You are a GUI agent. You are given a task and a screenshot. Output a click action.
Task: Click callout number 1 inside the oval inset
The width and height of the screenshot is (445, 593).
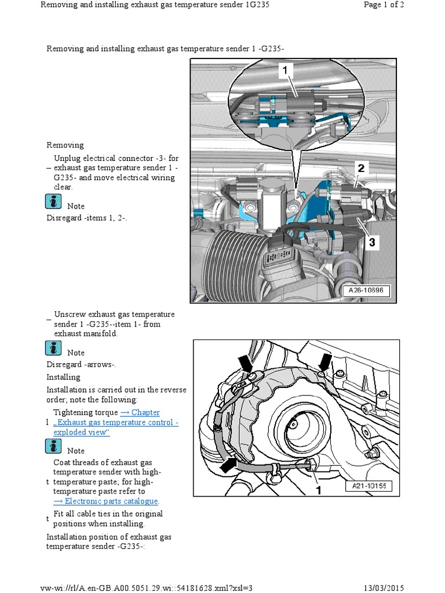pyautogui.click(x=284, y=71)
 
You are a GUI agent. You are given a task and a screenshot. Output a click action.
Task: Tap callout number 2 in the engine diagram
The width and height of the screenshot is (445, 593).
pyautogui.click(x=360, y=169)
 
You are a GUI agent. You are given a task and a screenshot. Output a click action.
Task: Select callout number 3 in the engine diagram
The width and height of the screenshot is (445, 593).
pyautogui.click(x=372, y=243)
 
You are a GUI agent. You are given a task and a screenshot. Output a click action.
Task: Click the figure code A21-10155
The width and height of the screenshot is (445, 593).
pyautogui.click(x=369, y=486)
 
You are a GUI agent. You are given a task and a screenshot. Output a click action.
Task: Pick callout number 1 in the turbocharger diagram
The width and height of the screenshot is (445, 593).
pyautogui.click(x=318, y=490)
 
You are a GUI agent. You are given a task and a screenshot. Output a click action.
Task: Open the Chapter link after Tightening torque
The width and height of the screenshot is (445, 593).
pyautogui.click(x=140, y=412)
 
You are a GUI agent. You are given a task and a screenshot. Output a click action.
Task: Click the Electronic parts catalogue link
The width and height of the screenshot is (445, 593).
pyautogui.click(x=105, y=501)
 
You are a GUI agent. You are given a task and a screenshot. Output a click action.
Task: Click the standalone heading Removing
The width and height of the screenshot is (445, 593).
pyautogui.click(x=65, y=145)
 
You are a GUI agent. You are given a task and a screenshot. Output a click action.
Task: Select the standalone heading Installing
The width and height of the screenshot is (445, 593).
pyautogui.click(x=63, y=377)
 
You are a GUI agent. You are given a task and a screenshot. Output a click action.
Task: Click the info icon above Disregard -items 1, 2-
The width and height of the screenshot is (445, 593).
pyautogui.click(x=53, y=202)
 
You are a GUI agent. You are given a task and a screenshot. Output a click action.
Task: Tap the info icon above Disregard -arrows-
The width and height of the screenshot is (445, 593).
pyautogui.click(x=53, y=348)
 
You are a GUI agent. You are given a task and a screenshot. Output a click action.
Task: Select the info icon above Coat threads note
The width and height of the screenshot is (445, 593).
pyautogui.click(x=53, y=446)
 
